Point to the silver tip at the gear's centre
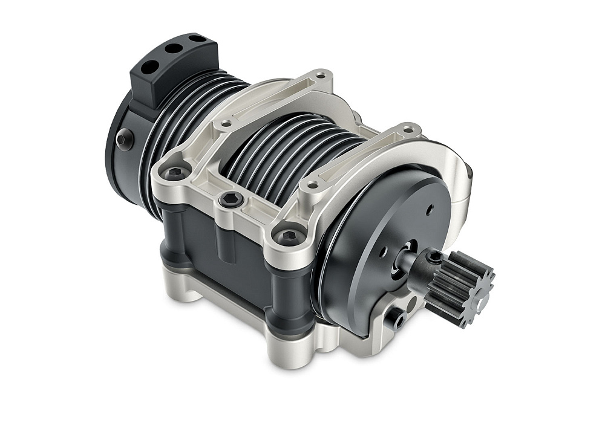point(481,299)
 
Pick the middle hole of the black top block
point(175,48)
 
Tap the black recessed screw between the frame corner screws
point(231,199)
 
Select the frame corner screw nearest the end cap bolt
point(175,173)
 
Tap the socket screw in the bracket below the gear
point(399,319)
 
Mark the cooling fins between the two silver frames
point(290,151)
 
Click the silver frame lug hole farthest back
point(321,77)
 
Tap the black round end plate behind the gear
point(375,230)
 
